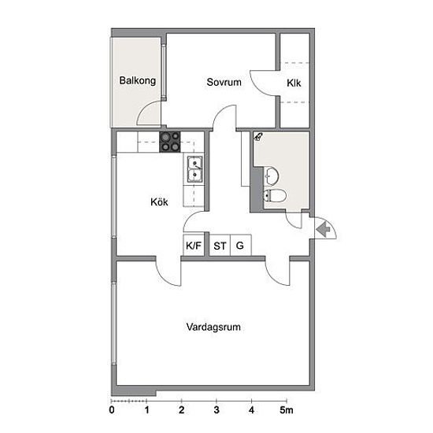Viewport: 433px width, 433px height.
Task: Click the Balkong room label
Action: pos(138,81)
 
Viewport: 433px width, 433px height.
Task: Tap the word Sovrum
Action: pos(224,82)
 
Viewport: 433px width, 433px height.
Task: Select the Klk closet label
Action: pos(294,83)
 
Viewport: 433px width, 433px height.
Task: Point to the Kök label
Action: pos(159,202)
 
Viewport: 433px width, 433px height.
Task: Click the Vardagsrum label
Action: pos(213,327)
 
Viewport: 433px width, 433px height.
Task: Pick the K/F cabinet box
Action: pos(194,245)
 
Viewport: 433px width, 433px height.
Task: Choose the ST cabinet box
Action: pos(220,245)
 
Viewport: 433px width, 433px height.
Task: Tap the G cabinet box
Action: pos(241,245)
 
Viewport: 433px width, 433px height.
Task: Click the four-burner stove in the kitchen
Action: pos(169,142)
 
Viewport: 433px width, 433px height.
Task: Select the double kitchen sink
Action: pos(194,169)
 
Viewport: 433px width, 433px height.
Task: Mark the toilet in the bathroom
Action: pos(275,196)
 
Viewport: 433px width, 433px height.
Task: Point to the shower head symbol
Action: pos(258,136)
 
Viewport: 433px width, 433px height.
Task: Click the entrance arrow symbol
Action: pos(324,228)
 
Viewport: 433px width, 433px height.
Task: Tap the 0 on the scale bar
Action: pos(112,410)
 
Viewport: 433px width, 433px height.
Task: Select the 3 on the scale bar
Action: pos(216,410)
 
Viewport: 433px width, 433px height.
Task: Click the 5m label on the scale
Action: pos(287,410)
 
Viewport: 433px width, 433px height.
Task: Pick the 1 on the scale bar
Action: pos(146,410)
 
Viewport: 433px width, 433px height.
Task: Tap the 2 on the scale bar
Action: pos(181,410)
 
